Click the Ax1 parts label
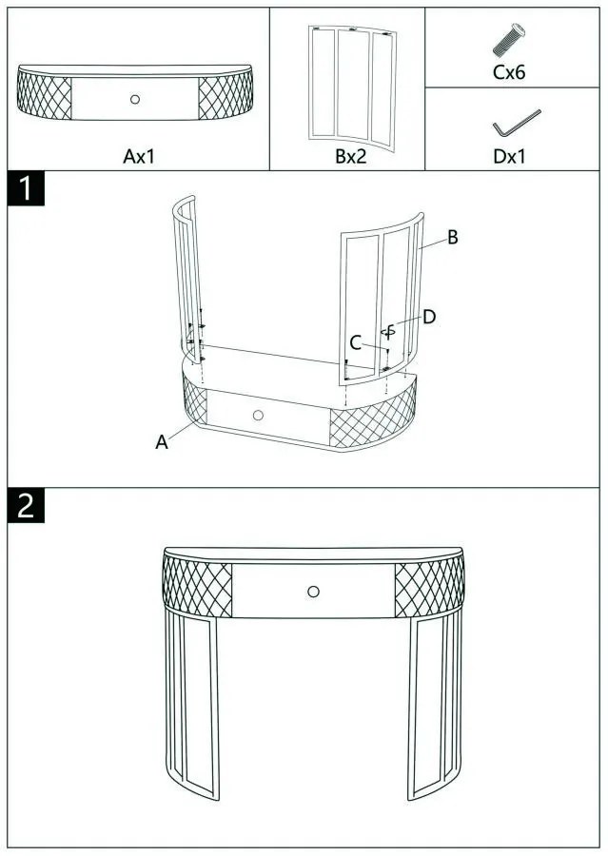click(139, 157)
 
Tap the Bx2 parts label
click(351, 157)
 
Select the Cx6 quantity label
click(509, 72)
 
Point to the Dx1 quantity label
click(509, 157)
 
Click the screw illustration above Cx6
click(509, 39)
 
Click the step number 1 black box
click(26, 188)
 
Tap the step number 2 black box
click(26, 506)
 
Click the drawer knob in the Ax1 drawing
click(135, 99)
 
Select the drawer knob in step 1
click(259, 416)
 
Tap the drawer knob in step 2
click(313, 592)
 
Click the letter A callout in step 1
click(162, 442)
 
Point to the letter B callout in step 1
click(453, 238)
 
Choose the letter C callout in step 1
click(356, 343)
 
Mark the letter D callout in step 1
click(429, 317)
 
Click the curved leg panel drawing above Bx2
click(352, 88)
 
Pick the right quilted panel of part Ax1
click(226, 96)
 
